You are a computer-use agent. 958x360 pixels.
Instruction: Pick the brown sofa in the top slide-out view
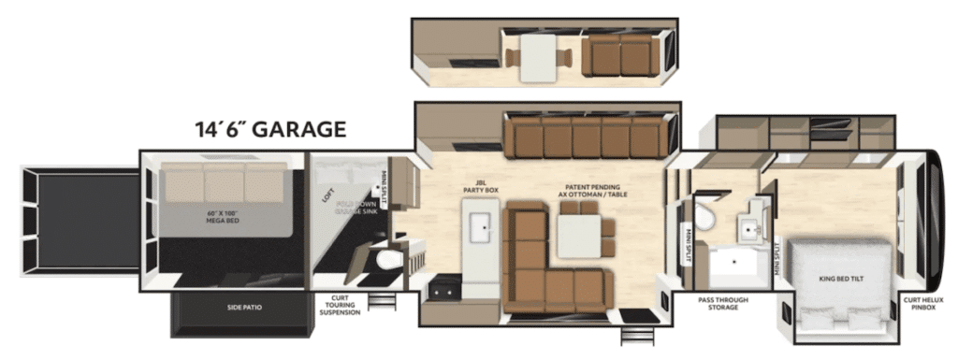click(x=620, y=58)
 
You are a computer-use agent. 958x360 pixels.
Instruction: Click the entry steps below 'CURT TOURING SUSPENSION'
click(x=381, y=301)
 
